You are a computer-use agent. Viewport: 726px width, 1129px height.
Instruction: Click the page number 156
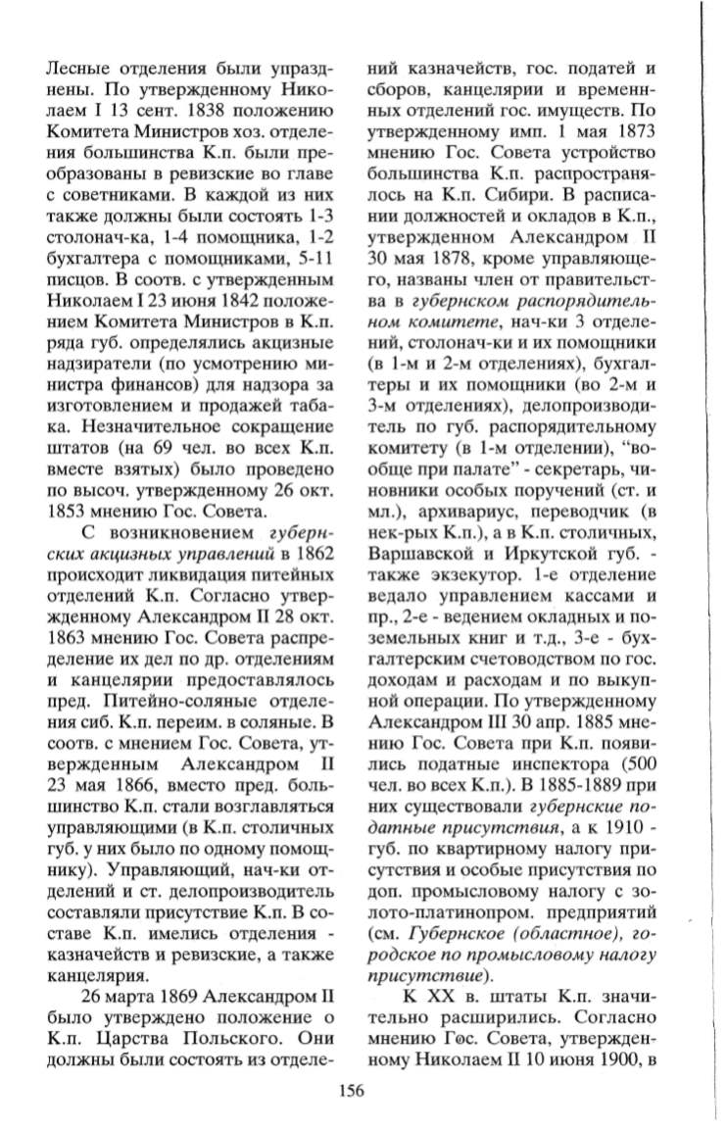pos(351,1090)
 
